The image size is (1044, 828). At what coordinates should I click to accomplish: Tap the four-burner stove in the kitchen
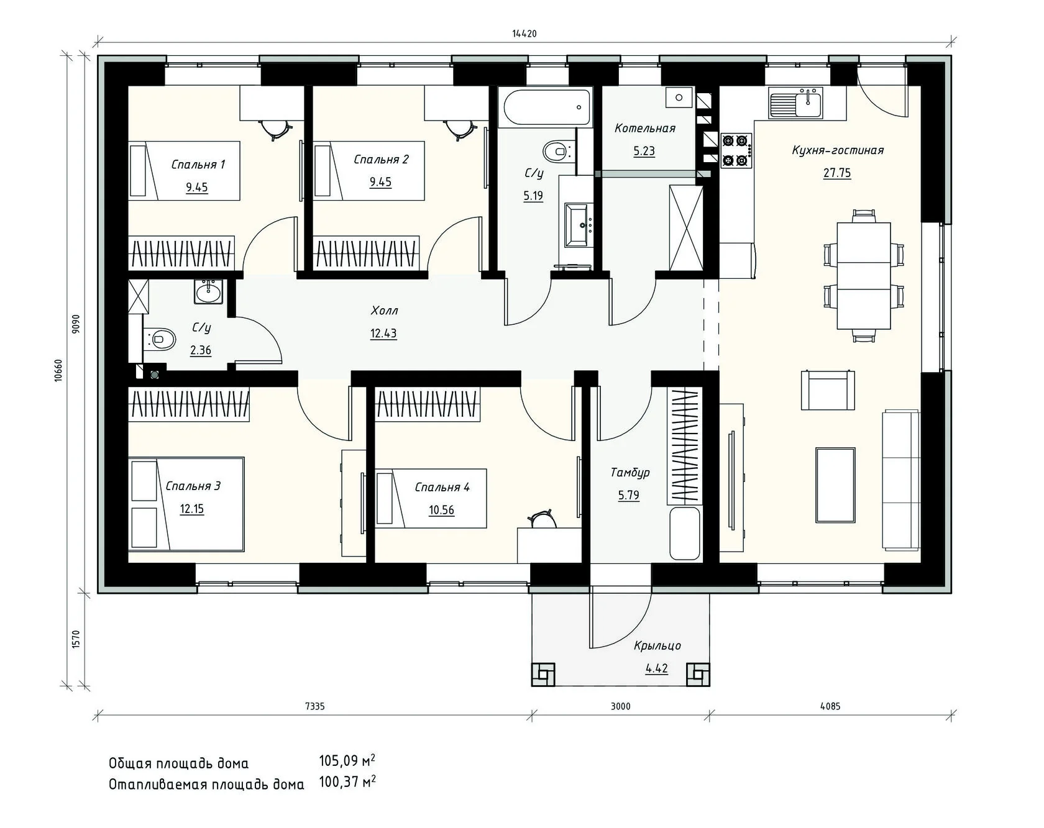[736, 150]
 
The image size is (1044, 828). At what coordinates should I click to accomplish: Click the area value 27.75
[837, 173]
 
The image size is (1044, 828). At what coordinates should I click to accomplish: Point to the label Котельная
[644, 129]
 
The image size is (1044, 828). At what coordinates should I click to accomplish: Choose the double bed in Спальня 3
[186, 504]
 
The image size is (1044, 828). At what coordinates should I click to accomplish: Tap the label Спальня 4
[442, 488]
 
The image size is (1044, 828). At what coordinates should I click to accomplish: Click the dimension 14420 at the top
[524, 34]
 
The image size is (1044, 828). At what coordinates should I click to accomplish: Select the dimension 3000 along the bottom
[620, 706]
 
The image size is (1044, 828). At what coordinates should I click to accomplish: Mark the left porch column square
[543, 674]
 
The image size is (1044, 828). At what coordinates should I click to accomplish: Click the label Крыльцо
[657, 646]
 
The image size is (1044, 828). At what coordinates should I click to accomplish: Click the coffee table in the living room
[835, 485]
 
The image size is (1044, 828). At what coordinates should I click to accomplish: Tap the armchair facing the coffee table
[828, 389]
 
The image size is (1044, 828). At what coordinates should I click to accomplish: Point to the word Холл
[384, 311]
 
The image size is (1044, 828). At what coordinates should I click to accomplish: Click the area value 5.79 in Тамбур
[628, 495]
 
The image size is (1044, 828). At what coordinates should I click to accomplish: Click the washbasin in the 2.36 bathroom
[208, 291]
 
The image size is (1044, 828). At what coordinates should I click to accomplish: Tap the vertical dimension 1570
[76, 639]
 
